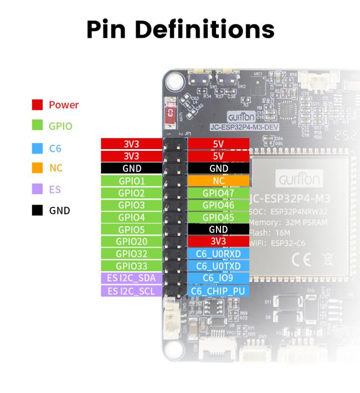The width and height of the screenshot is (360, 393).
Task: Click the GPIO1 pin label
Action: pos(131,181)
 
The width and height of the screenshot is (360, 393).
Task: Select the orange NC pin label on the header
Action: pos(219,181)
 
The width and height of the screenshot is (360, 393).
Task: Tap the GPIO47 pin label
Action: pos(219,193)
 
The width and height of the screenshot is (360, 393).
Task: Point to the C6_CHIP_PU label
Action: pos(219,290)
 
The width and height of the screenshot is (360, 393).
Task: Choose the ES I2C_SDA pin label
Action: pos(131,278)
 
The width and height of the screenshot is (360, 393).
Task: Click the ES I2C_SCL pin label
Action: pos(131,290)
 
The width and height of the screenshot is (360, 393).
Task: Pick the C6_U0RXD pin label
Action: pos(219,254)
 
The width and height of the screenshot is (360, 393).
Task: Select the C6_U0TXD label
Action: pos(219,266)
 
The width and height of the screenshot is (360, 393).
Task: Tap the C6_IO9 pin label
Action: pos(219,278)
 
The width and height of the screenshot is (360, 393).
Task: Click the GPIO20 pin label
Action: pos(131,242)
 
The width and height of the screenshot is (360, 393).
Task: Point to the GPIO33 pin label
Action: pos(131,266)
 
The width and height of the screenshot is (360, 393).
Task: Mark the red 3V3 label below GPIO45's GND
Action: pos(219,242)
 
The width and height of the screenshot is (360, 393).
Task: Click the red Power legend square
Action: pos(38,105)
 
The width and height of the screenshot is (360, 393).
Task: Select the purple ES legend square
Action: pos(38,189)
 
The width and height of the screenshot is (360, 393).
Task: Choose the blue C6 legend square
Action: pos(38,147)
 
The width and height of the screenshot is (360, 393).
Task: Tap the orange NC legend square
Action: pos(38,168)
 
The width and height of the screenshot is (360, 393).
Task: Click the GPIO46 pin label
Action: pos(219,205)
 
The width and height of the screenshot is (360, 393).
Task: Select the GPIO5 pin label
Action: pos(131,229)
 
